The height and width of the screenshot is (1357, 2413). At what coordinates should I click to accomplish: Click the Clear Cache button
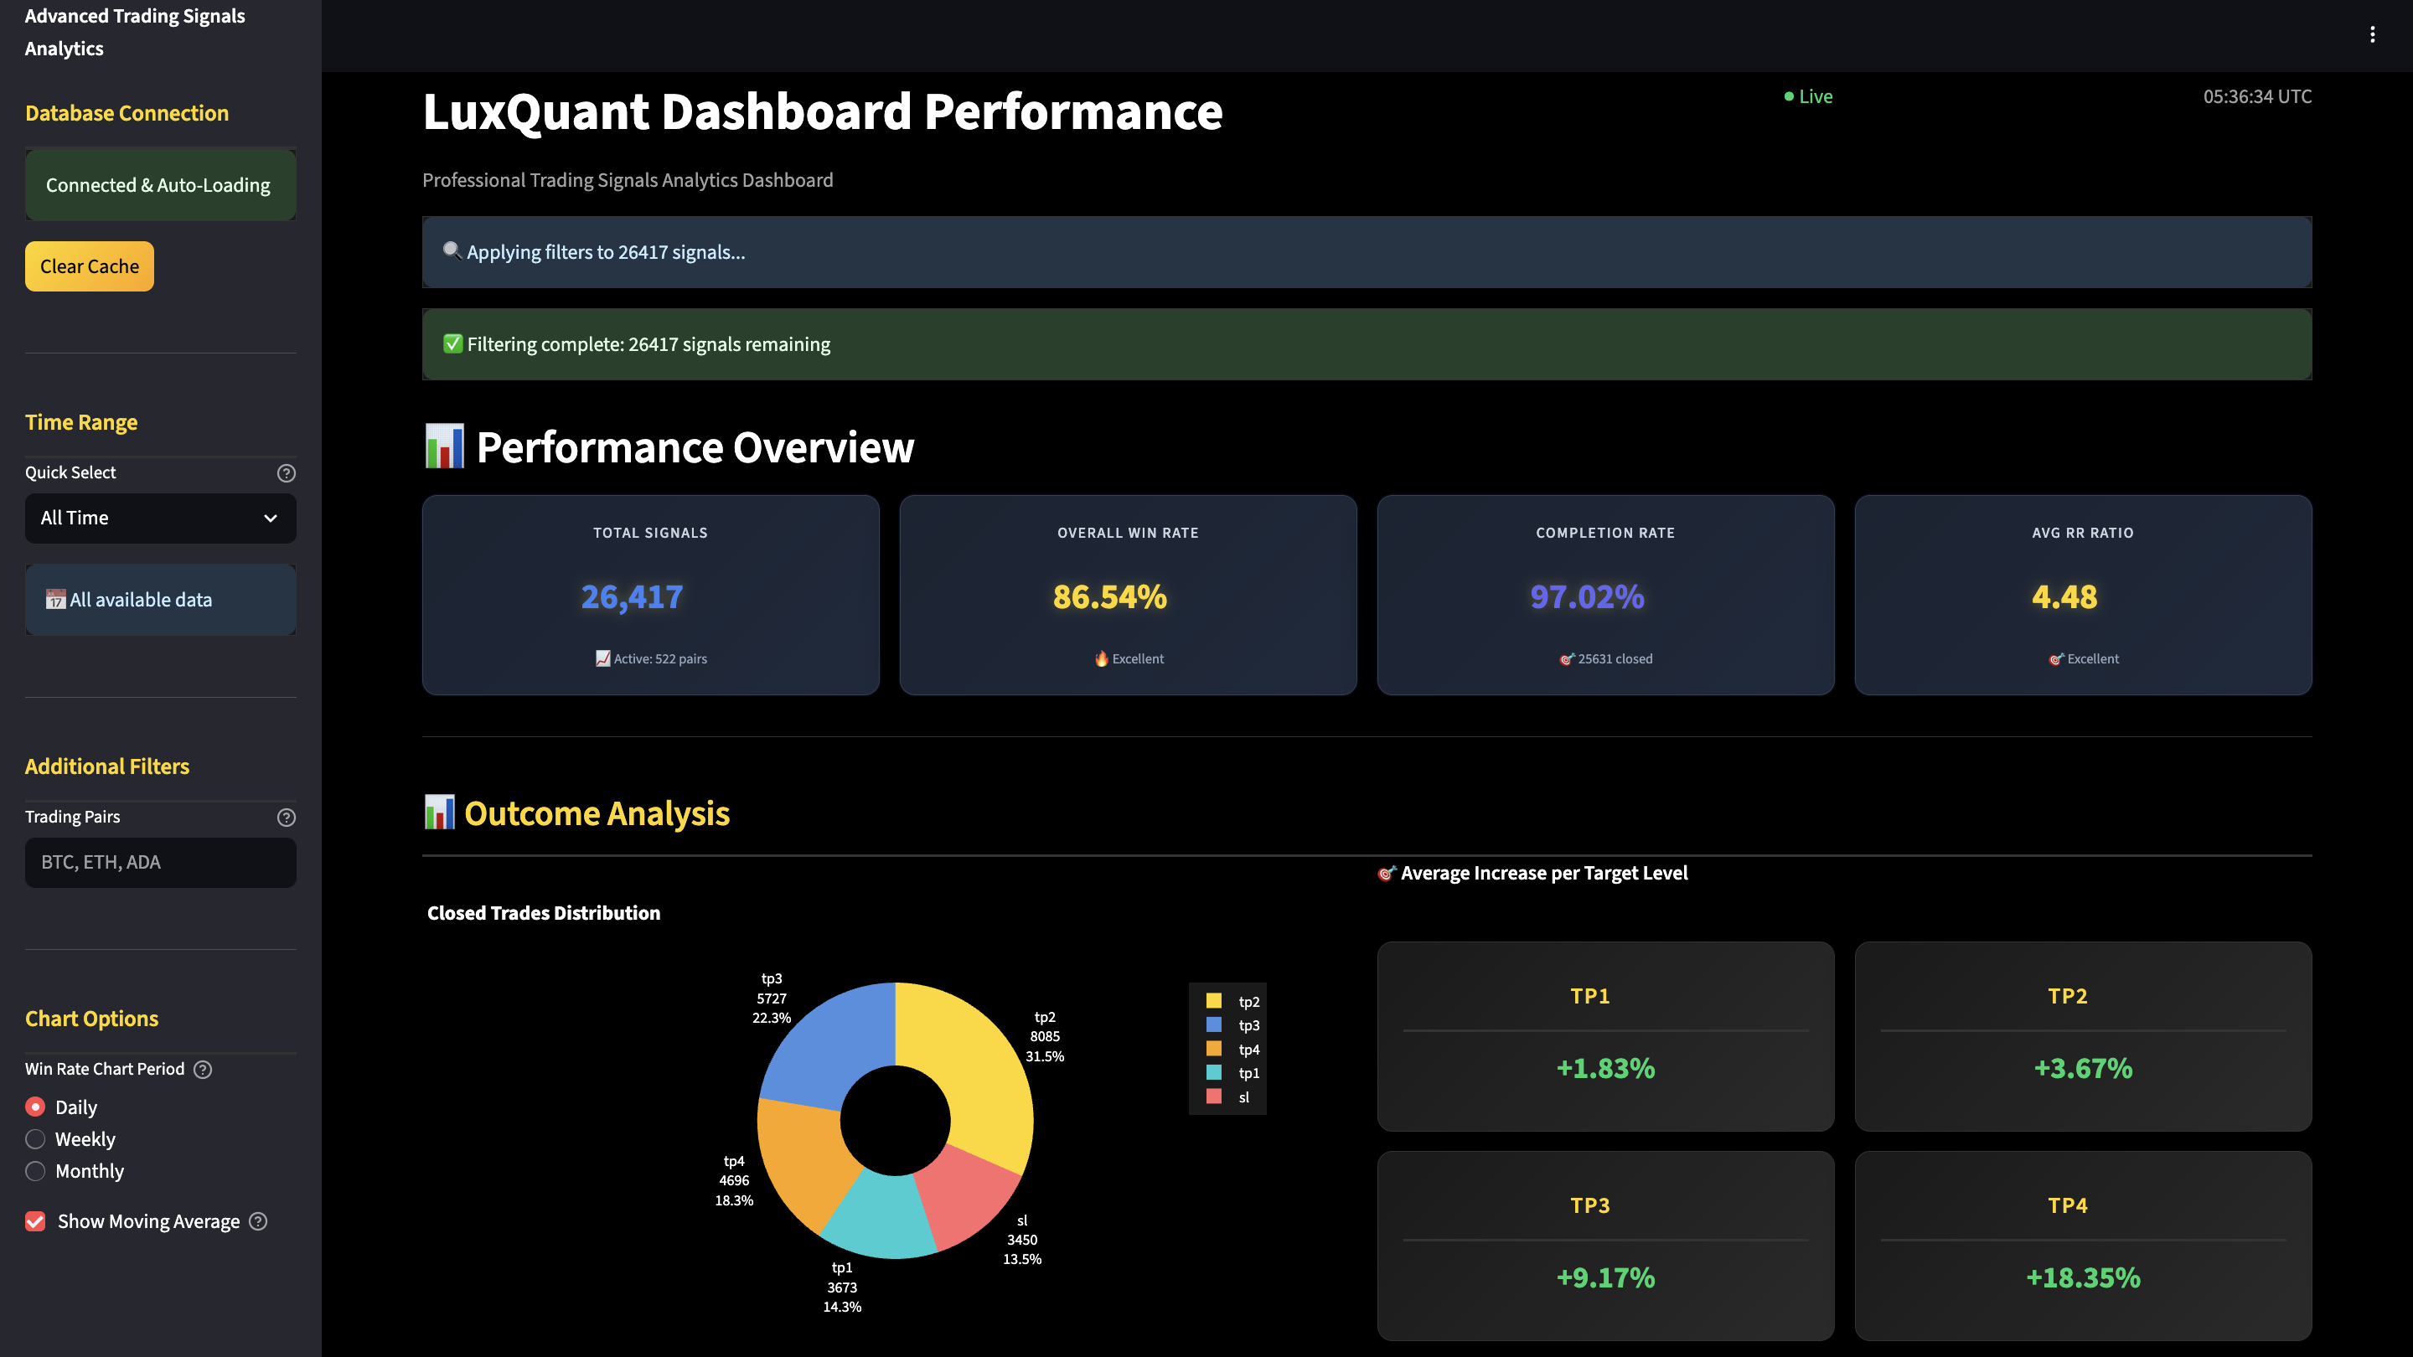pos(89,266)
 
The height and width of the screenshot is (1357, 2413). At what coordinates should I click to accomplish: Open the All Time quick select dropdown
pos(160,518)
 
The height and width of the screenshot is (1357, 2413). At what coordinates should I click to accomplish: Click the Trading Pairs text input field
pos(160,863)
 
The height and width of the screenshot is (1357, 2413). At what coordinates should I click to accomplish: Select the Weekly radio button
pos(35,1139)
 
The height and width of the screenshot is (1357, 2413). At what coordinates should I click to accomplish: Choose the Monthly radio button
pos(35,1171)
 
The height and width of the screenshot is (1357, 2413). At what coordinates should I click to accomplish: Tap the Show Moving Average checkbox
pos(35,1221)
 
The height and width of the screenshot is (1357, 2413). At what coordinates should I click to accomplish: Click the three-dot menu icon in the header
pos(2372,34)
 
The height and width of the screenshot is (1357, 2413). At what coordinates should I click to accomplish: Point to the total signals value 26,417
pos(633,596)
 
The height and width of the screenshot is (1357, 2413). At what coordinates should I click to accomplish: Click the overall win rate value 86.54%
pos(1109,596)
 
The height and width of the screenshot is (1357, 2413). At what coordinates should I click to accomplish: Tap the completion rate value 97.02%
pos(1587,596)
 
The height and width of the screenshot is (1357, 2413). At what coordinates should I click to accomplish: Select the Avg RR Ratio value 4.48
pos(2064,596)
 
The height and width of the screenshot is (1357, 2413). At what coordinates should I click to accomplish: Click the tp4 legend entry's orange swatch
pos(1214,1049)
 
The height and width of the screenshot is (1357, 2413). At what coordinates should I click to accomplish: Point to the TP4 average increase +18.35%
pos(2082,1277)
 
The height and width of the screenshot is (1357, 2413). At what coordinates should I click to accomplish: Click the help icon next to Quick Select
pos(287,473)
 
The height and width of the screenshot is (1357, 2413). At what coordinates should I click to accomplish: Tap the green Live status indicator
pos(1808,96)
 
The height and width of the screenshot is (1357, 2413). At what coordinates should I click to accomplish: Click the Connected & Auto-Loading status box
pos(160,184)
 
